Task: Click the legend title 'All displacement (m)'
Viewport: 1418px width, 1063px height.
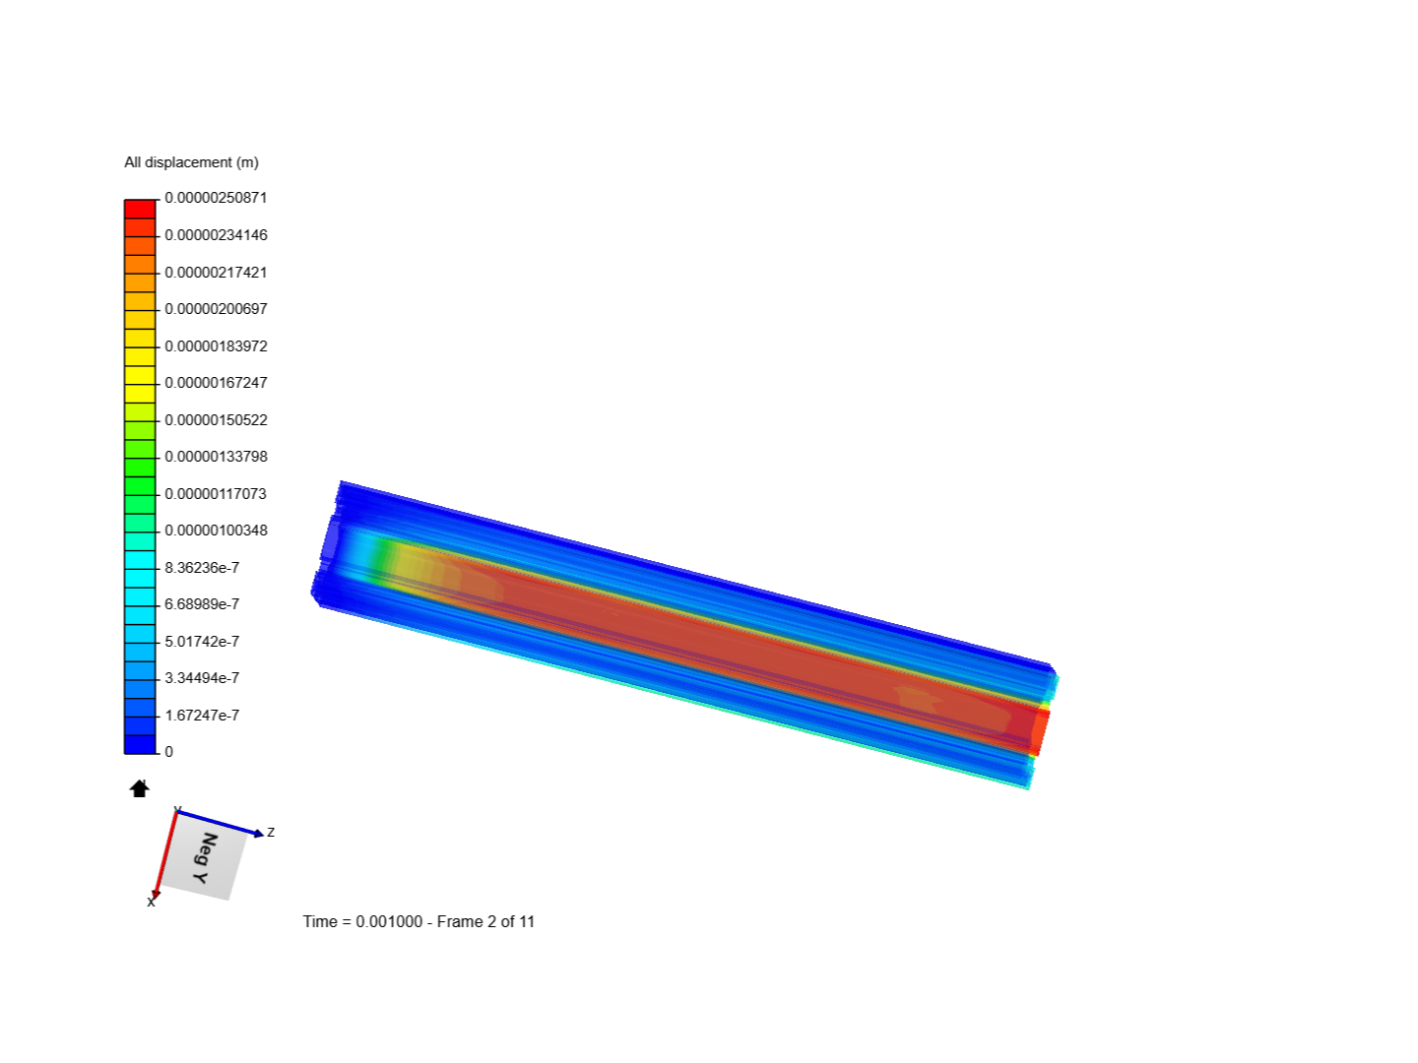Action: [191, 162]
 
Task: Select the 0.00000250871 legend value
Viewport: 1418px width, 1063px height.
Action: [216, 198]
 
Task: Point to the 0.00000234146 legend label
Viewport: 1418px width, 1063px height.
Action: [216, 235]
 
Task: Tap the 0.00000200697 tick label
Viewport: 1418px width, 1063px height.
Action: [216, 309]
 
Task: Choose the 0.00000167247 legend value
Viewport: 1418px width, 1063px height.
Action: [216, 383]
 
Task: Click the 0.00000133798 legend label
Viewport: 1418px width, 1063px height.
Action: [216, 457]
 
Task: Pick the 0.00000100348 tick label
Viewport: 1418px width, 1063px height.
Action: [216, 531]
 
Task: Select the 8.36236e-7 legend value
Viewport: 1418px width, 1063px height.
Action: [202, 568]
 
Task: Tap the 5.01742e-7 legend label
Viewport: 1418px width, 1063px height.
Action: [202, 642]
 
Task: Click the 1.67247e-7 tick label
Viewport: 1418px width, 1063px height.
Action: [202, 716]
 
